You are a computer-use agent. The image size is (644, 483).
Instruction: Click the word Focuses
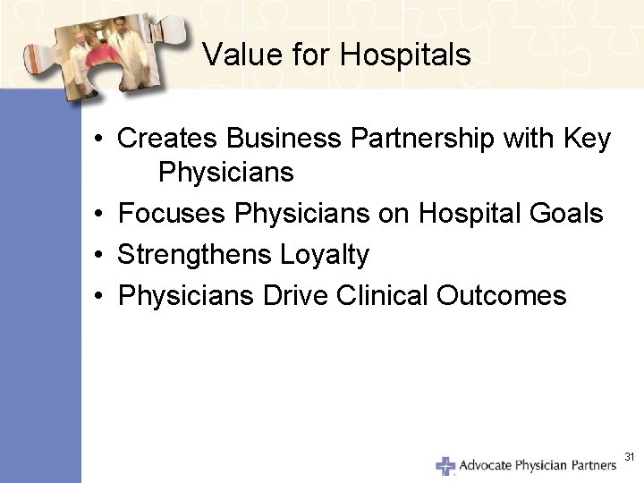(x=172, y=214)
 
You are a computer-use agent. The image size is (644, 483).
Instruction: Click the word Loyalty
(x=324, y=255)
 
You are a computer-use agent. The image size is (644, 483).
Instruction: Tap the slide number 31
(x=629, y=457)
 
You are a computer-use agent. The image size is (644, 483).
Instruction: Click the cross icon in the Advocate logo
(x=445, y=465)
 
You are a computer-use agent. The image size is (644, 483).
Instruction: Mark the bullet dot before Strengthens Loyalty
(x=105, y=256)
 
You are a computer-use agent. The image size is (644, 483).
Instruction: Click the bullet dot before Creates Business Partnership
(x=105, y=140)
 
